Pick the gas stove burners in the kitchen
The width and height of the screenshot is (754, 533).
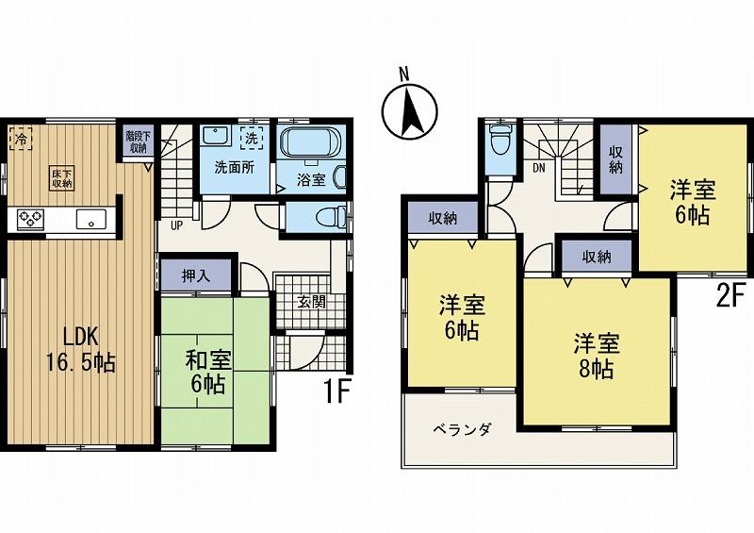(x=31, y=220)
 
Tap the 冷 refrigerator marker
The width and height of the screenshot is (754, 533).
(x=20, y=139)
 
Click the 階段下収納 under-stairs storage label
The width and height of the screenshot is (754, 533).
(x=138, y=142)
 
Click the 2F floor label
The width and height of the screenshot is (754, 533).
(x=729, y=298)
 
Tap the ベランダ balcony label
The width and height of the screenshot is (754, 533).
(x=462, y=429)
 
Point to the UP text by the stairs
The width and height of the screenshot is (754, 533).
(x=176, y=225)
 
